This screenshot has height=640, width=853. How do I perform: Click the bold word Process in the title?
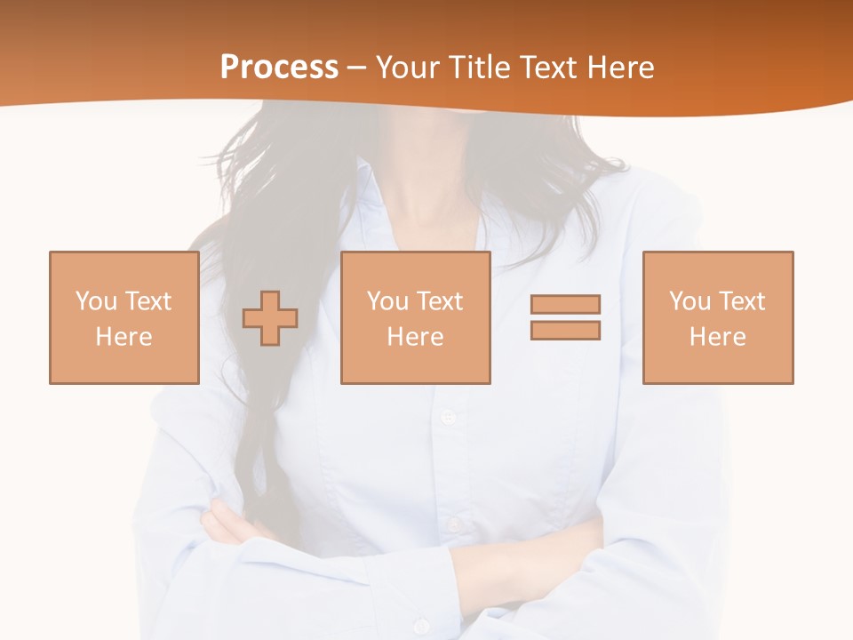coord(279,68)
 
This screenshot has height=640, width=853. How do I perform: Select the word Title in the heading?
coord(479,68)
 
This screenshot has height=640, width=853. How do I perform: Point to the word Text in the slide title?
coord(550,68)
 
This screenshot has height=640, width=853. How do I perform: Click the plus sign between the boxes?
coord(270,317)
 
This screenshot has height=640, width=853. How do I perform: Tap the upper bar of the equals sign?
coord(565,304)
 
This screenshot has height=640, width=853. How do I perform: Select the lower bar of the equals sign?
coord(565,330)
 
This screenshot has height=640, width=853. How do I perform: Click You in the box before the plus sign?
coord(96,301)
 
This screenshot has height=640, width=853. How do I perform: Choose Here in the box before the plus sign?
coord(124,337)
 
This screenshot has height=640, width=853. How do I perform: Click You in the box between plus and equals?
coord(387,301)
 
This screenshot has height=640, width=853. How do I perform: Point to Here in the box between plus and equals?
coord(415,337)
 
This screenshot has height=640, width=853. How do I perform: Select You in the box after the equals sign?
coord(690,301)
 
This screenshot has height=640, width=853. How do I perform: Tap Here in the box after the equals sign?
coord(717,337)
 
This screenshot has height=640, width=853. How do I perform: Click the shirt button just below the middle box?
coord(447,416)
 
